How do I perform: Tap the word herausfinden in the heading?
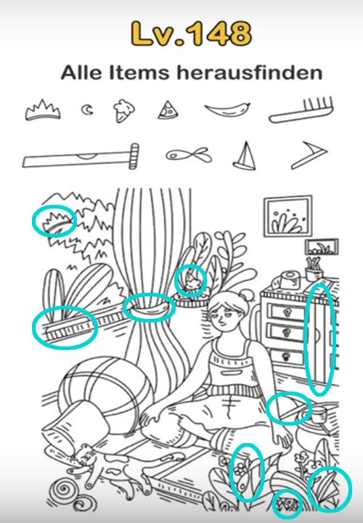[x=250, y=73]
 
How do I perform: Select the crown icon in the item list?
[x=43, y=110]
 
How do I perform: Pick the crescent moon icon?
[x=87, y=110]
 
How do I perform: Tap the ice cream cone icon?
[x=123, y=110]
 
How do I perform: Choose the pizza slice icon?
[x=167, y=110]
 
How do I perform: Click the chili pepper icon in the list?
[x=227, y=109]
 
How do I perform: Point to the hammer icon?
[x=81, y=157]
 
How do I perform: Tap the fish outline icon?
[x=189, y=155]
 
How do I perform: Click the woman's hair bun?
[x=247, y=296]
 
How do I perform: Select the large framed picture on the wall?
[x=288, y=216]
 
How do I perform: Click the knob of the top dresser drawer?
[x=286, y=313]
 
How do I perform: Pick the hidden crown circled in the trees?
[x=56, y=222]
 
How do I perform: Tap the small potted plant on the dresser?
[x=314, y=269]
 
